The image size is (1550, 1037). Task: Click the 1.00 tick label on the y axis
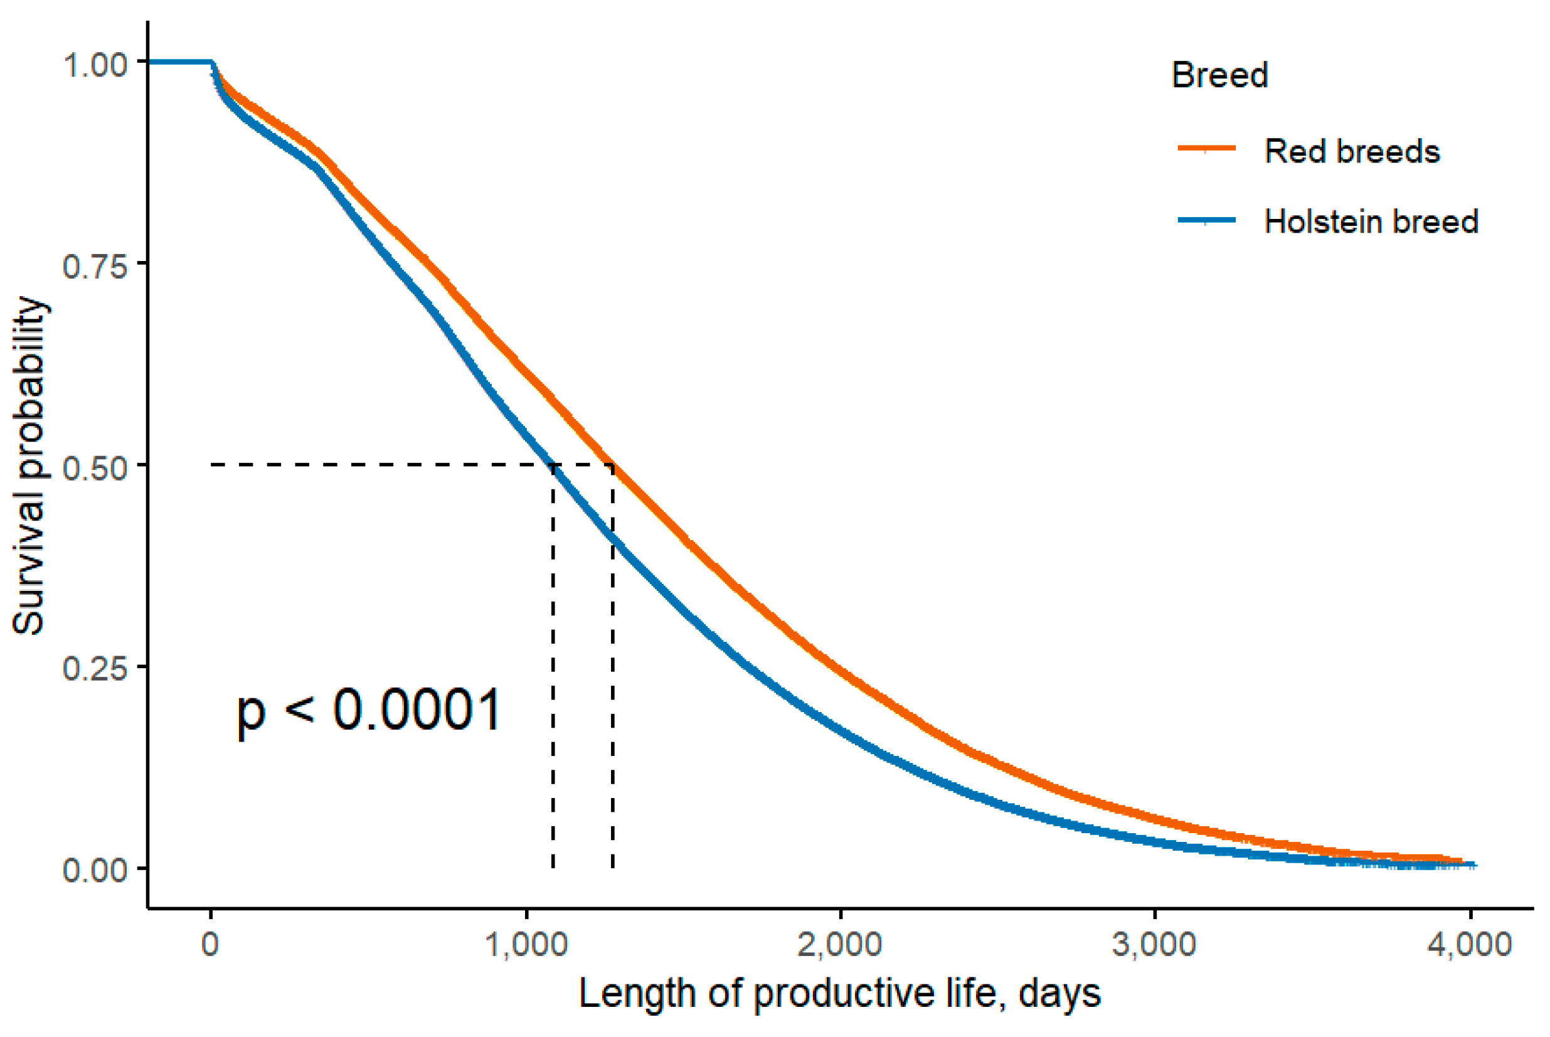coord(95,65)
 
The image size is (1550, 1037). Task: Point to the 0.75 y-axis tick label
coord(95,267)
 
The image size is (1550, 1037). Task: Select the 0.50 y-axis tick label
coord(95,469)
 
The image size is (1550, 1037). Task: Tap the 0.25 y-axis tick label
coord(95,669)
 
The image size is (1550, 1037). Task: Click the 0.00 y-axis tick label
coord(95,871)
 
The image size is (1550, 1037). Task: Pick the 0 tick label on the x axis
coord(210,944)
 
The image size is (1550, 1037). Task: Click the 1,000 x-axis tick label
coord(526,944)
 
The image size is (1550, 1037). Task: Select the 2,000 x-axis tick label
coord(840,944)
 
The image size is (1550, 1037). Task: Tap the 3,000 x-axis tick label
coord(1155,944)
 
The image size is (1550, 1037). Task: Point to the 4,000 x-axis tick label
coord(1469,944)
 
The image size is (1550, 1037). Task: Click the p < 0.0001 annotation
coord(369,711)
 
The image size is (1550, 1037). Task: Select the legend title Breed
coord(1219,75)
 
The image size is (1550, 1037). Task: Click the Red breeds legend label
coord(1352,151)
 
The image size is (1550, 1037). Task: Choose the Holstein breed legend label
coord(1371,221)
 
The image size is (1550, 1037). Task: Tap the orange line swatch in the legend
coord(1206,149)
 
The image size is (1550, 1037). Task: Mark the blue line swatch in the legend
coord(1206,220)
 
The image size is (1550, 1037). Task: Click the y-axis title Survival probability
coord(29,466)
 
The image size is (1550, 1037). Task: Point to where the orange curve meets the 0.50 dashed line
coord(613,465)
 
